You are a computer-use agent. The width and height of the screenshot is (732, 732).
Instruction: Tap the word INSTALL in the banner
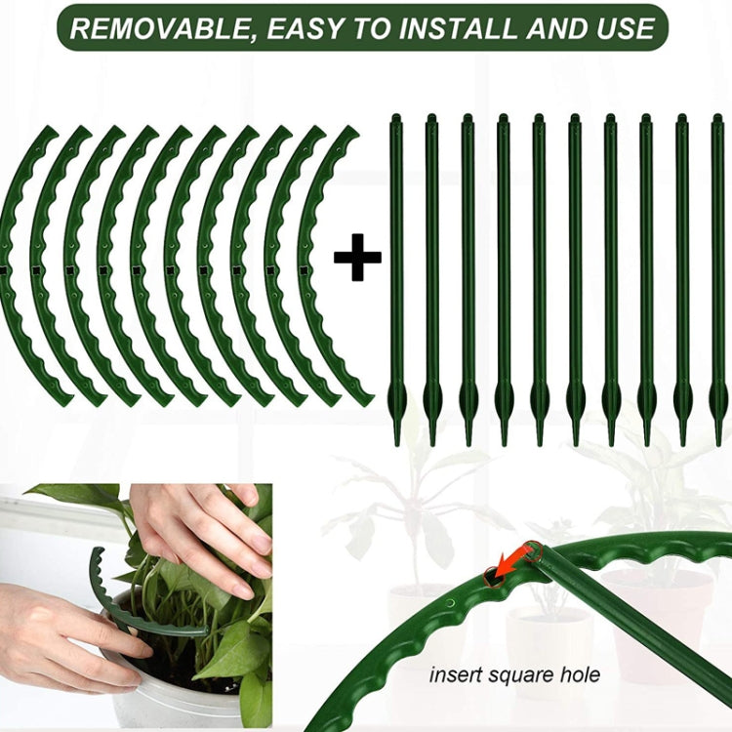pos(459,28)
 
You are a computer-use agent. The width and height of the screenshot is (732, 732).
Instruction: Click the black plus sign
pos(357,258)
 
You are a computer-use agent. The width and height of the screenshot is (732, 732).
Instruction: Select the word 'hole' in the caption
pos(581,674)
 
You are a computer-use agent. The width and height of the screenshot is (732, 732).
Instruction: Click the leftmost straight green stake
pos(396,273)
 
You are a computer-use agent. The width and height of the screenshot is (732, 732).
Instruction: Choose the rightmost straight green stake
pos(718,273)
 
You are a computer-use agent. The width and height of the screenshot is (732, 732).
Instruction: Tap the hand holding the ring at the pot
pos(59,634)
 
